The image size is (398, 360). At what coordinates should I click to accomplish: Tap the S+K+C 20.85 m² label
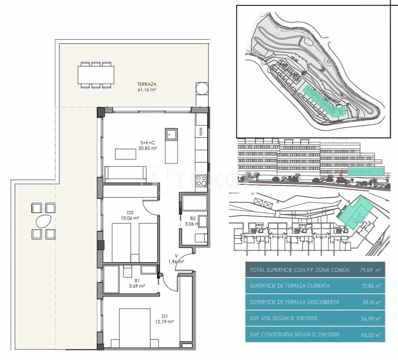(x=149, y=146)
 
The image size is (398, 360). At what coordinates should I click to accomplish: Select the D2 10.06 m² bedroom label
(x=131, y=216)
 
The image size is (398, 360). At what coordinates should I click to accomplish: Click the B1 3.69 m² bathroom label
(x=137, y=283)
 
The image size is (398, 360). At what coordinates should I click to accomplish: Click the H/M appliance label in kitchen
(x=201, y=132)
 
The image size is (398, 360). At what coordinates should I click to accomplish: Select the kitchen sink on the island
(x=171, y=135)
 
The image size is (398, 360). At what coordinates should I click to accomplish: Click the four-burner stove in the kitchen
(x=201, y=180)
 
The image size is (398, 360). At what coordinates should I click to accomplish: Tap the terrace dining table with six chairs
(x=96, y=75)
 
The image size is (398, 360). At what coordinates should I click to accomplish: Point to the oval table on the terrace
(x=43, y=221)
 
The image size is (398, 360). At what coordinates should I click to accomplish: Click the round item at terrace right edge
(x=202, y=88)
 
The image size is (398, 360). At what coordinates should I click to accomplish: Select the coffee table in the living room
(x=126, y=154)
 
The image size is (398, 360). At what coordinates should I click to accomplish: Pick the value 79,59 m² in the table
(x=373, y=270)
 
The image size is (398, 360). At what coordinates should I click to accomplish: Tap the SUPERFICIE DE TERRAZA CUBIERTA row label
(x=290, y=286)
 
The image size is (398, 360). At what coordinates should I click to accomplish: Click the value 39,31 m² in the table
(x=373, y=302)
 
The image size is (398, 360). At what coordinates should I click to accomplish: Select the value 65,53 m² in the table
(x=373, y=335)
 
